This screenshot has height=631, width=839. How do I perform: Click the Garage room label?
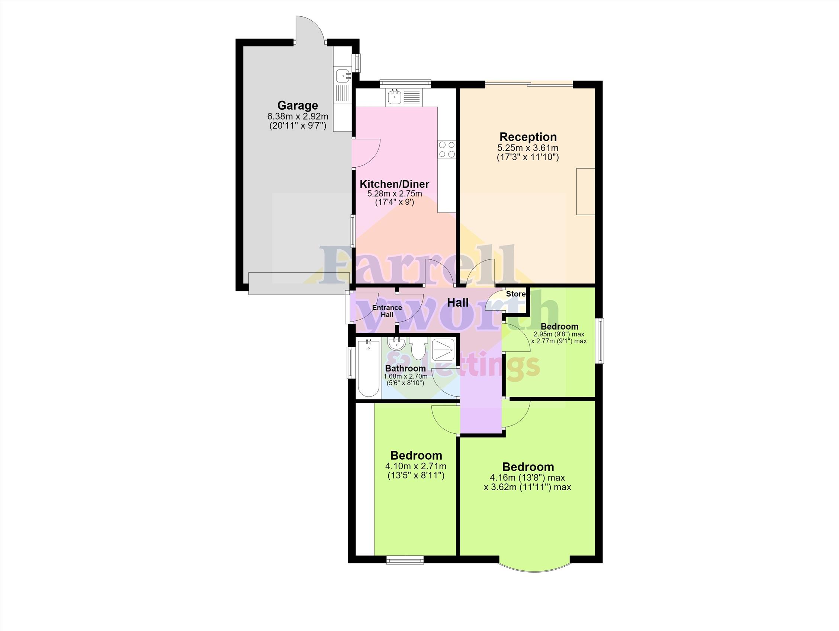pyautogui.click(x=298, y=106)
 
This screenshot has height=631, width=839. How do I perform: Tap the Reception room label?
pyautogui.click(x=528, y=137)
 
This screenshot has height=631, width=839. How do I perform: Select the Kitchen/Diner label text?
pyautogui.click(x=395, y=184)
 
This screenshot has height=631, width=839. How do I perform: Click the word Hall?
pyautogui.click(x=458, y=303)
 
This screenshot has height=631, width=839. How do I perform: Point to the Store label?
pyautogui.click(x=516, y=294)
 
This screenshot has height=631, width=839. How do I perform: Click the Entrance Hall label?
pyautogui.click(x=387, y=311)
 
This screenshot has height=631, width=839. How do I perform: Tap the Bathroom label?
pyautogui.click(x=405, y=368)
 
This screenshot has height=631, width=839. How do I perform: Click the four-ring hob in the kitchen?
pyautogui.click(x=446, y=149)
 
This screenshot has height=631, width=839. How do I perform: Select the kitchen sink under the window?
pyautogui.click(x=403, y=97)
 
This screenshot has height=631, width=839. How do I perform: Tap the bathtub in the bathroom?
pyautogui.click(x=368, y=368)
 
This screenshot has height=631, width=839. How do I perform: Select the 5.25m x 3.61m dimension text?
pyautogui.click(x=528, y=148)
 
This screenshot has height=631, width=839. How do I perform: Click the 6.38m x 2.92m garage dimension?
pyautogui.click(x=298, y=117)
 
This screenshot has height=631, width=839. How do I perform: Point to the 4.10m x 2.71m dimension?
pyautogui.click(x=416, y=466)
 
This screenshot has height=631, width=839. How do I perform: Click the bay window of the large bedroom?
pyautogui.click(x=534, y=571)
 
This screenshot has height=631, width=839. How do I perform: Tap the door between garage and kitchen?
pyautogui.click(x=366, y=153)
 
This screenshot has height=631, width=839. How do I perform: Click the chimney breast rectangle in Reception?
pyautogui.click(x=586, y=192)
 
